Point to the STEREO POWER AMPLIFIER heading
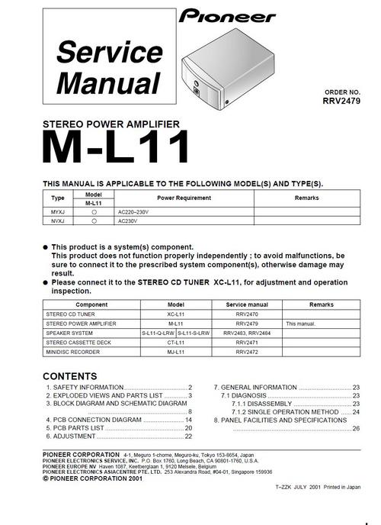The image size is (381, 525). [111, 124]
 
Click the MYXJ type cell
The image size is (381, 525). [58, 212]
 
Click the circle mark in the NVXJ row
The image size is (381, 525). [94, 221]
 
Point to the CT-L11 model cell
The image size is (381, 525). [176, 343]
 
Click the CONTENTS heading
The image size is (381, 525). [69, 376]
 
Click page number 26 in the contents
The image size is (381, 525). [356, 429]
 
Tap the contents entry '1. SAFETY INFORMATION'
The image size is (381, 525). [85, 388]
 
